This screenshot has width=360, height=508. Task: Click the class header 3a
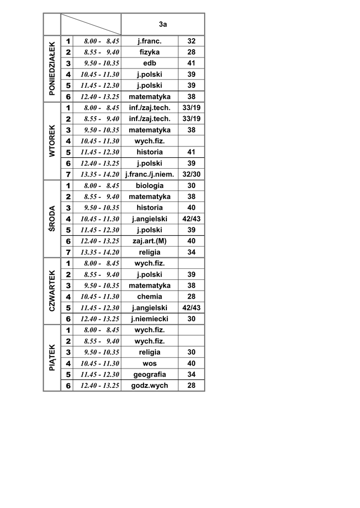(x=163, y=24)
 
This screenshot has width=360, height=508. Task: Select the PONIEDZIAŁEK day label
(x=52, y=68)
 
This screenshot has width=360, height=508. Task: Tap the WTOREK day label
(x=52, y=141)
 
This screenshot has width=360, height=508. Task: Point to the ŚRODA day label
(x=52, y=219)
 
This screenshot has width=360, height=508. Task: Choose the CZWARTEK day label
(x=52, y=291)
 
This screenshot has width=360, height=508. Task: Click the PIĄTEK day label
(x=52, y=358)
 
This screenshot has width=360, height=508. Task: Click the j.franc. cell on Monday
(x=149, y=41)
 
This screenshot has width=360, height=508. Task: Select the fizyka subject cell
(x=149, y=52)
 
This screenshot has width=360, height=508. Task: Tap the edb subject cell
(x=149, y=63)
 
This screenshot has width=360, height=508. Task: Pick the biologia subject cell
(x=149, y=186)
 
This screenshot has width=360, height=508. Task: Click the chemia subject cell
(x=149, y=297)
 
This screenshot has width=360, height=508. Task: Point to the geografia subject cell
(x=149, y=375)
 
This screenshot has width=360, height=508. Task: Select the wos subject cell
(x=149, y=363)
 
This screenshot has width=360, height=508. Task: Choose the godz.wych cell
(x=149, y=385)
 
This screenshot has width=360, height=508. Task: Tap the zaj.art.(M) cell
(x=149, y=241)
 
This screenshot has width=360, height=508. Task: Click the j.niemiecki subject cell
(x=149, y=319)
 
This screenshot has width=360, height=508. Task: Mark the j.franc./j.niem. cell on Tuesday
(x=149, y=174)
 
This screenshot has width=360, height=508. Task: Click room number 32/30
(x=191, y=174)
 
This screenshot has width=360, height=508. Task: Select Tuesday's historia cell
(x=149, y=152)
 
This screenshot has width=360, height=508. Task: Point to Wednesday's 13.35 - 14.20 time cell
(x=100, y=252)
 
